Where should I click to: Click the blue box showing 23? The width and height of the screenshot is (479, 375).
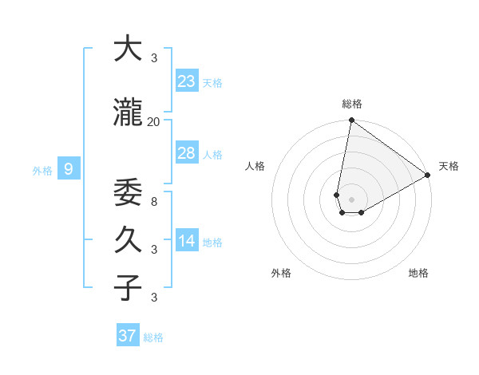click(187, 81)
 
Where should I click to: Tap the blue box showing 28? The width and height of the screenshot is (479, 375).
click(187, 153)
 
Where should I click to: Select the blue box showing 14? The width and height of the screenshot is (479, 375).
click(187, 241)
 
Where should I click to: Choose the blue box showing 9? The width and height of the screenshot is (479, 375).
click(69, 168)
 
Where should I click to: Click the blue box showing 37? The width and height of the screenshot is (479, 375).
click(128, 336)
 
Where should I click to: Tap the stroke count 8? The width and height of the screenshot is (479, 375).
click(154, 202)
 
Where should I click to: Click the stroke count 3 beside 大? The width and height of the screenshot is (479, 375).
click(154, 57)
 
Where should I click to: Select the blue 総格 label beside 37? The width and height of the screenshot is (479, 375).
click(153, 337)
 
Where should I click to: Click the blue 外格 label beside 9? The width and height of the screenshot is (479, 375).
click(42, 170)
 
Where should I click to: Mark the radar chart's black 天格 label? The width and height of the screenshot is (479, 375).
click(449, 166)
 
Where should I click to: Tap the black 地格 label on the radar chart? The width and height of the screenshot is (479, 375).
click(418, 274)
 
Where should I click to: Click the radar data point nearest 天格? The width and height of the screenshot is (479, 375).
click(428, 175)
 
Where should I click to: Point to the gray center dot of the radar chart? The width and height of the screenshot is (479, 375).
click(351, 199)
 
